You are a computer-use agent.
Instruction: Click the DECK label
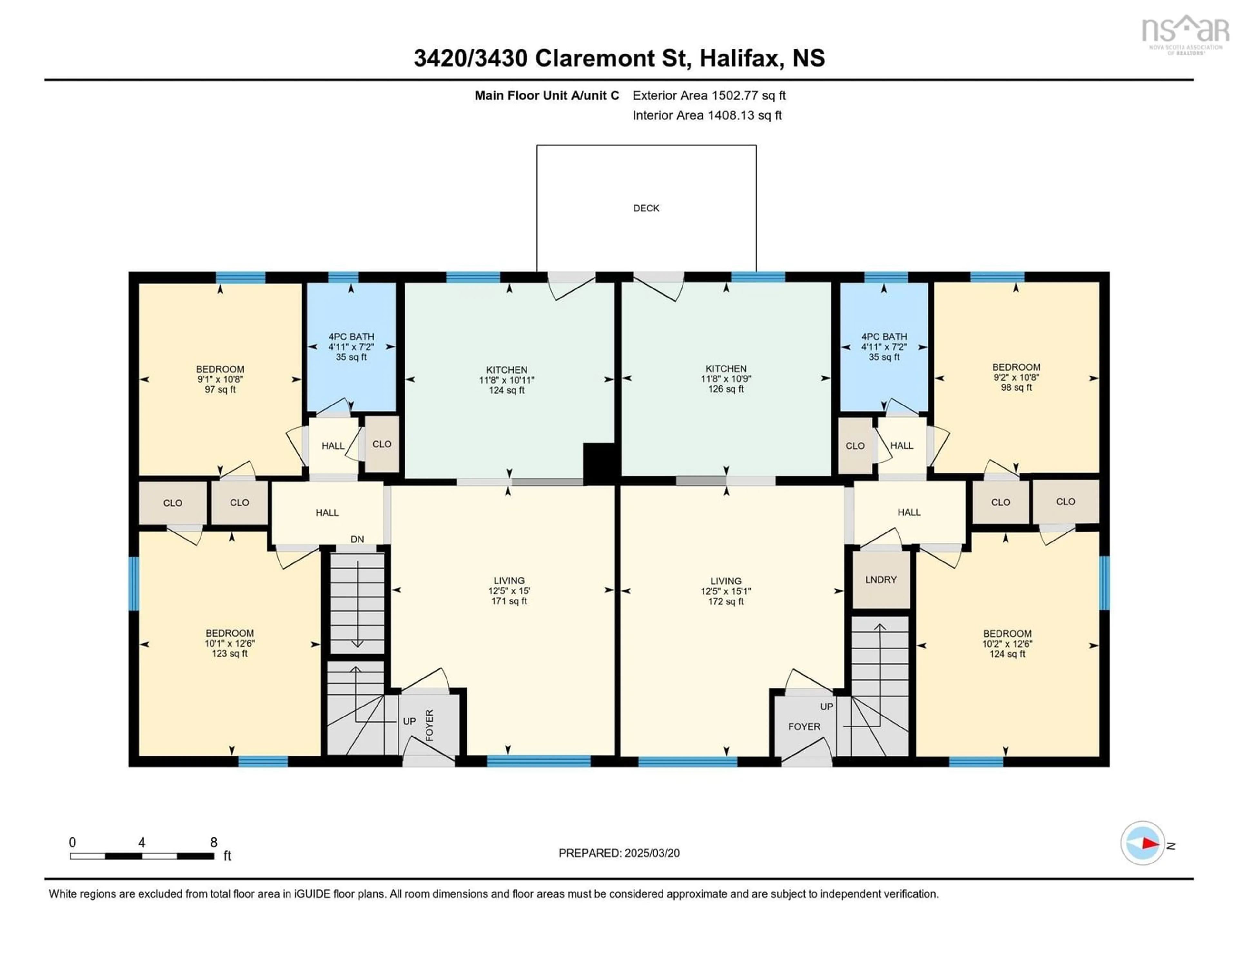pos(646,208)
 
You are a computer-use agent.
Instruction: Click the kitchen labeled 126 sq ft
pos(726,378)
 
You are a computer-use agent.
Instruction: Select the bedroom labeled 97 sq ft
pos(220,379)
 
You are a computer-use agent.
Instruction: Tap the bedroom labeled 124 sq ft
pos(1007,644)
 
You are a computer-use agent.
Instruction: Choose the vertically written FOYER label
pos(429,725)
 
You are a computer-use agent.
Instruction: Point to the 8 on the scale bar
pos(214,842)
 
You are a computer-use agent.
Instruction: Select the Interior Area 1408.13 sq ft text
pos(707,115)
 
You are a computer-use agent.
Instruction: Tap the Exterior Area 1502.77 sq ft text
pos(709,95)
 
